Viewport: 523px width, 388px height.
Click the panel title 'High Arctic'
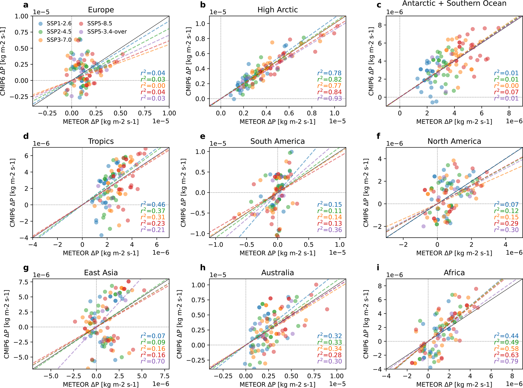click(278, 10)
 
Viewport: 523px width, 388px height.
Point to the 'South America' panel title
click(278, 141)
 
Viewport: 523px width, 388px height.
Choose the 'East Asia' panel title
click(101, 273)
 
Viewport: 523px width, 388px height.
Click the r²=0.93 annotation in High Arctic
click(329, 98)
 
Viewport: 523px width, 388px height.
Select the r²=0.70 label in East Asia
click(153, 361)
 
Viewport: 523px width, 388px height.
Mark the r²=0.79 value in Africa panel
click(506, 361)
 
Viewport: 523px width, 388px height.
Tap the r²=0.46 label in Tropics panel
click(153, 205)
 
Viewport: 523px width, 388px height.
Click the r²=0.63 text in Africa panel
click(506, 355)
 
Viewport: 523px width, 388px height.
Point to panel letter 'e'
click(202, 136)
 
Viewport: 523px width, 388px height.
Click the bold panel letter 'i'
click(378, 268)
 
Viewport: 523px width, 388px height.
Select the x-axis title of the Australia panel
click(278, 384)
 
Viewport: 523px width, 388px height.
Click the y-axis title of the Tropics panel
click(13, 193)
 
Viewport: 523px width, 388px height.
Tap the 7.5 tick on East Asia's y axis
click(24, 282)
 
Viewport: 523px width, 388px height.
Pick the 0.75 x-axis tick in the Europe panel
click(145, 113)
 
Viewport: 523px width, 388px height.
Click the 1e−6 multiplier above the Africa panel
click(394, 275)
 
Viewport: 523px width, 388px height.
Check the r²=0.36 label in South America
click(329, 230)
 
